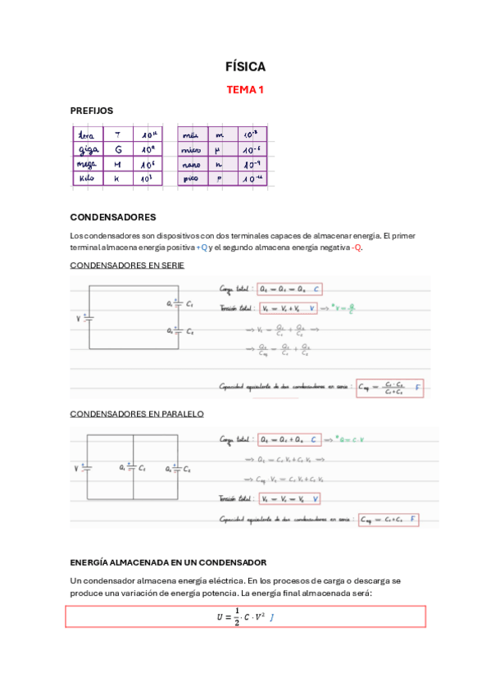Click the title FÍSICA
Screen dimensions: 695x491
point(245,67)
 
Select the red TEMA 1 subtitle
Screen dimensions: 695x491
point(245,89)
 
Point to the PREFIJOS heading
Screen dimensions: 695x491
point(92,110)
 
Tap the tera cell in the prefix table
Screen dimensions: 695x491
point(85,134)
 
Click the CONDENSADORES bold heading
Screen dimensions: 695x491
point(113,217)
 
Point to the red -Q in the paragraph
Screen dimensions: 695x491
point(357,248)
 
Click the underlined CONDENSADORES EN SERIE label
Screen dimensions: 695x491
point(127,266)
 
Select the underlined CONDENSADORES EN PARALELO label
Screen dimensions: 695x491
point(137,414)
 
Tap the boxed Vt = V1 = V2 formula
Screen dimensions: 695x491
point(289,498)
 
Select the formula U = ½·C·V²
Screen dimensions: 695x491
point(236,616)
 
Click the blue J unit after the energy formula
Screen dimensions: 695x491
point(271,616)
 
